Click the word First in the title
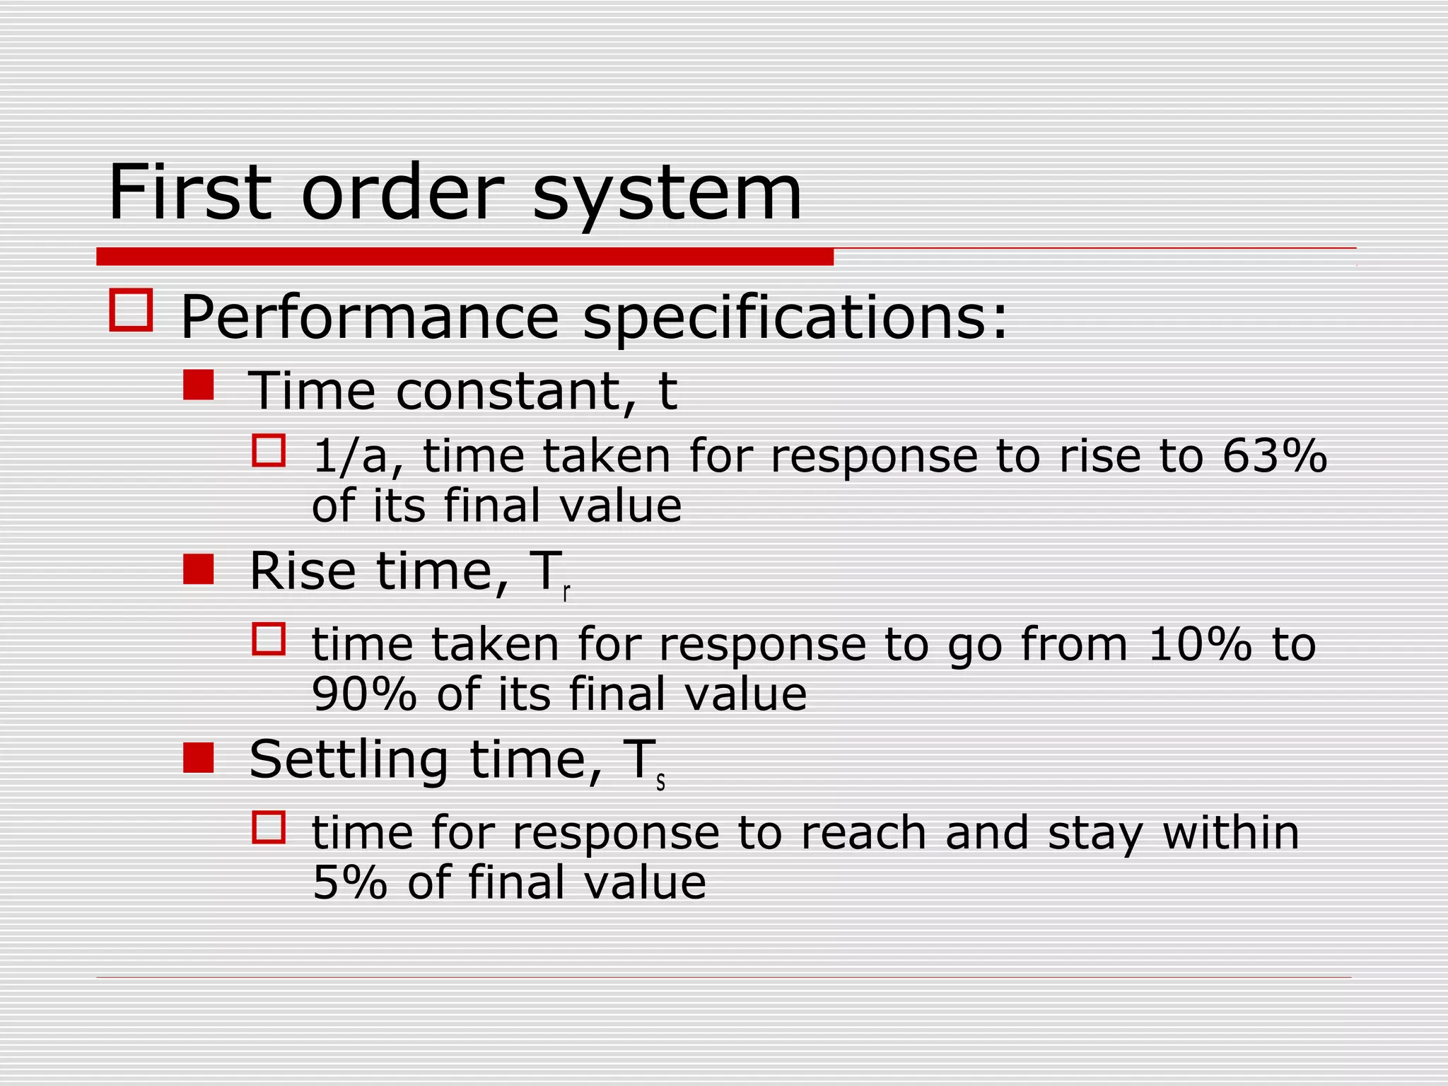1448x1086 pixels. click(x=189, y=192)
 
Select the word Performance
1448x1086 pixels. click(x=370, y=317)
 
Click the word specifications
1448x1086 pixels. click(x=795, y=317)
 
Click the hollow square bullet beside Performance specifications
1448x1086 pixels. click(x=131, y=310)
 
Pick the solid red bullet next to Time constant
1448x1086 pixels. click(x=198, y=386)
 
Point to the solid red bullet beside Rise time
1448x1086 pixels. click(x=198, y=569)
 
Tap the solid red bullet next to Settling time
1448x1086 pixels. click(x=198, y=757)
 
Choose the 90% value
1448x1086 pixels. click(x=365, y=694)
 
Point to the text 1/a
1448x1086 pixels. click(x=358, y=456)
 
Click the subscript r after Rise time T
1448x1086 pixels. click(x=566, y=594)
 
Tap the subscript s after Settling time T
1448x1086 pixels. click(x=660, y=782)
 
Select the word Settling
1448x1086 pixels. click(x=349, y=760)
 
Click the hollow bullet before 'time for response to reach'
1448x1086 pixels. click(x=269, y=827)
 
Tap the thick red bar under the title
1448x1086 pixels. click(x=465, y=257)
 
